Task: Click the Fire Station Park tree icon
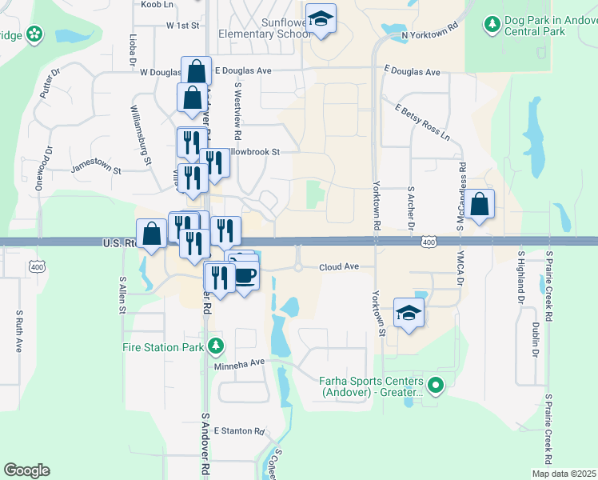pos(215,346)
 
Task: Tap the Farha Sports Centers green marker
pos(436,386)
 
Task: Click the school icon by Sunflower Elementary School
pos(321,20)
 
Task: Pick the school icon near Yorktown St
pos(409,314)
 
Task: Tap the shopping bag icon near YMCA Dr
pos(479,205)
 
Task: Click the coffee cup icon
pos(245,277)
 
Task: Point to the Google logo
pos(26,470)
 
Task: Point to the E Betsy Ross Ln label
pos(422,118)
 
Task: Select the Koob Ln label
pos(157,5)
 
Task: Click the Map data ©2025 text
pos(563,474)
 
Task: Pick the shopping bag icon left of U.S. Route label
pos(151,234)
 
